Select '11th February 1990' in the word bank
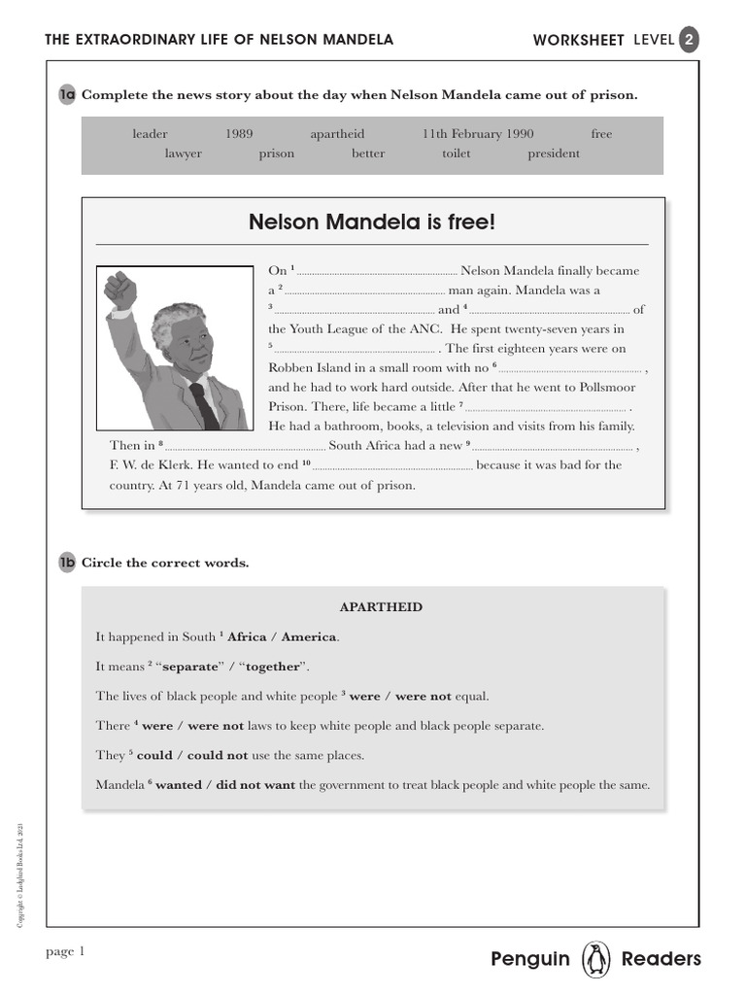478,134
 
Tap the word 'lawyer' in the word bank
184,154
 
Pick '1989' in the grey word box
239,134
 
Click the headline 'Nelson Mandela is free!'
372,223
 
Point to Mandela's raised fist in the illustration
120,291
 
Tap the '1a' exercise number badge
67,95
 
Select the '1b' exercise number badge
67,564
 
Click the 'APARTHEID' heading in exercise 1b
381,607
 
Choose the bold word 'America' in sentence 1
310,637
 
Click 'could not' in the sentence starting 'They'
218,755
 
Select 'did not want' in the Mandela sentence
254,785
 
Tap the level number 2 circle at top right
688,40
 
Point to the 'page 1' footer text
66,952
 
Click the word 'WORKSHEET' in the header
579,40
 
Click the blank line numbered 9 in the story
553,446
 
